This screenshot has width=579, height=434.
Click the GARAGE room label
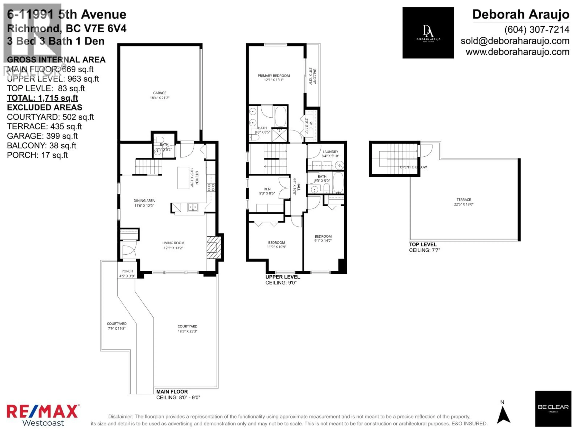coord(160,93)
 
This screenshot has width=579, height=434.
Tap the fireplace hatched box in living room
coord(214,247)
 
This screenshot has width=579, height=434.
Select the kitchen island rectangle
coord(183,178)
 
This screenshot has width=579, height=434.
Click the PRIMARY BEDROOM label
coord(274,76)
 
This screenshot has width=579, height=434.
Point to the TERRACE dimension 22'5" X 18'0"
coord(464,204)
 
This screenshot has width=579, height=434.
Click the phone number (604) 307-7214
coord(537,30)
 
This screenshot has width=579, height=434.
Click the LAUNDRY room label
coord(330,152)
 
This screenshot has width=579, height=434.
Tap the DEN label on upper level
coord(267,189)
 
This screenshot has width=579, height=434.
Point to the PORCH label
coord(127,271)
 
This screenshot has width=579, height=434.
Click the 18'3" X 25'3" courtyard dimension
coord(187,331)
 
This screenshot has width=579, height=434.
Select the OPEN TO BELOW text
coord(413,167)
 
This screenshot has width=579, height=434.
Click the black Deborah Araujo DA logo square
coord(428,33)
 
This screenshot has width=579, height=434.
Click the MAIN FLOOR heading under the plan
coord(172,392)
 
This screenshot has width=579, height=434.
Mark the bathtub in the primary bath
coord(280,116)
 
